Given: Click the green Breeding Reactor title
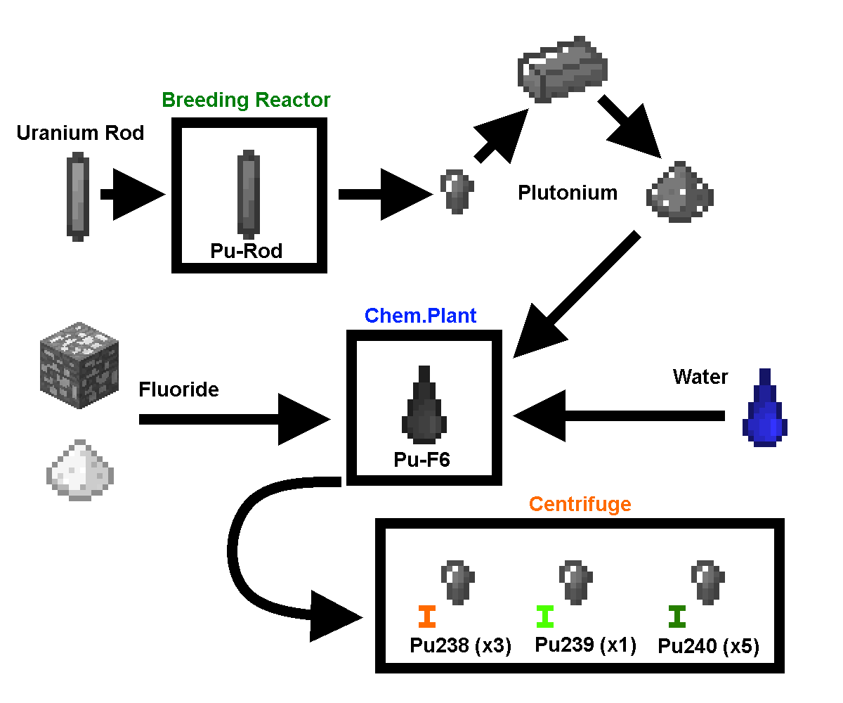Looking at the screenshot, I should tap(246, 100).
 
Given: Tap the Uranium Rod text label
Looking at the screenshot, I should tap(80, 133).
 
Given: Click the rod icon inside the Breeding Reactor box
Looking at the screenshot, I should tap(248, 193).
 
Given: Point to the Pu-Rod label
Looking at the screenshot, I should tap(246, 251).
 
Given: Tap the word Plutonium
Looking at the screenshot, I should tap(568, 193).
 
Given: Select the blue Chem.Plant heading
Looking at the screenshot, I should tap(420, 316).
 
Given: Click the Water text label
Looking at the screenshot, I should tap(700, 377).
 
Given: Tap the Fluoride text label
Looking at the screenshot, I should tap(178, 389).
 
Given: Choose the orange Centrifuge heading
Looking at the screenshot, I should tap(580, 504).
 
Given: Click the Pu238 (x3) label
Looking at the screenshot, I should tap(460, 645).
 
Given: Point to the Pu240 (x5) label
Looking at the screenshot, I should tap(708, 646).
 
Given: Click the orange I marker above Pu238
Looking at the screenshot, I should tap(426, 617).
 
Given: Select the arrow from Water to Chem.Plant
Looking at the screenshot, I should tap(618, 416).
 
